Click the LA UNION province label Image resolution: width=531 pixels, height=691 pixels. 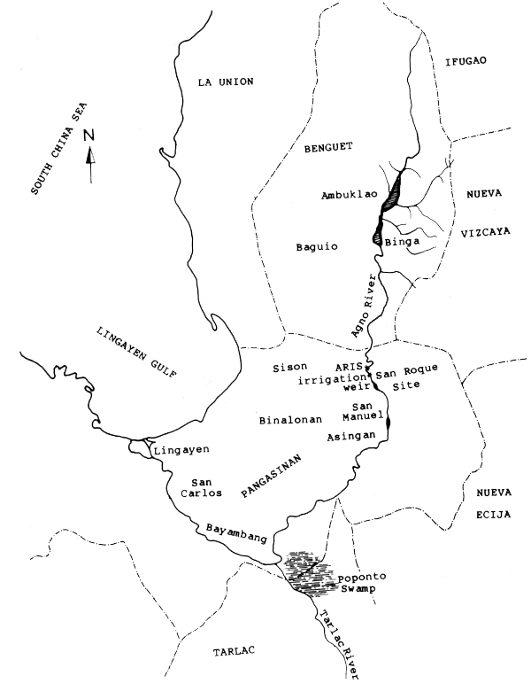(226, 82)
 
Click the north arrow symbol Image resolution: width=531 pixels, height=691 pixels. (88, 154)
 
